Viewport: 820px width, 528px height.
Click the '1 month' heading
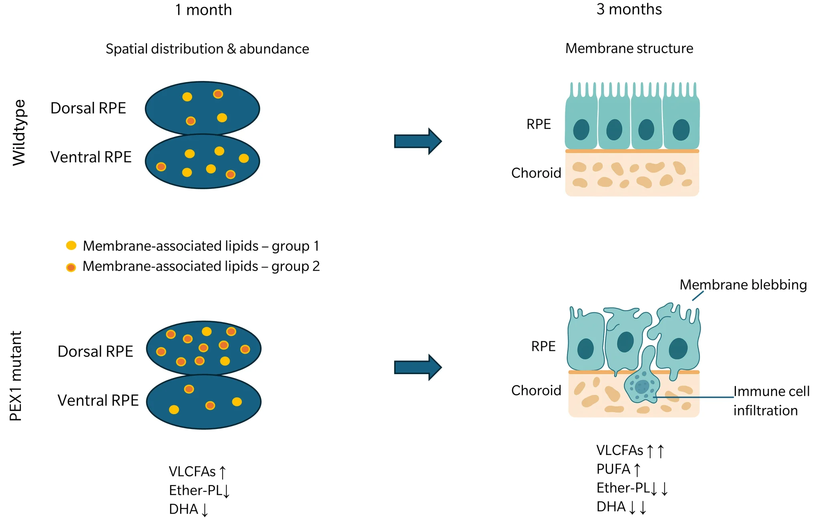(203, 10)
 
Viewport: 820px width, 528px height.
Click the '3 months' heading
(629, 9)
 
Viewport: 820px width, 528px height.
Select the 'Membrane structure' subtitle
(629, 48)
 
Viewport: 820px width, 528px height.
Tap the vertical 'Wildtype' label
(19, 132)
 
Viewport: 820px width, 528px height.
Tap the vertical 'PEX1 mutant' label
(16, 376)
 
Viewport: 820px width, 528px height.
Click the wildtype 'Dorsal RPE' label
(88, 108)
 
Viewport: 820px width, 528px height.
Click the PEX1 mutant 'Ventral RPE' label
(98, 400)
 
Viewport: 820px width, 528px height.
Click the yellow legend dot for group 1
(71, 245)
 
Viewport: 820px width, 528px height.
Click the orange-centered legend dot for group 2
(71, 267)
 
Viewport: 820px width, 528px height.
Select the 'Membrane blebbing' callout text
(743, 285)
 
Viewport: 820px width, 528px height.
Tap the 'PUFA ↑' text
(618, 469)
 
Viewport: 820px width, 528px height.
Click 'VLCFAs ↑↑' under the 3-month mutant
(630, 450)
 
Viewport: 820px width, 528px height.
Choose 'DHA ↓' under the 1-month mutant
(188, 509)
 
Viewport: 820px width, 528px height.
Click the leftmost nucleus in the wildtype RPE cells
(581, 129)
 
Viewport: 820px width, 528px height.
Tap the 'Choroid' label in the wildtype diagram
(536, 173)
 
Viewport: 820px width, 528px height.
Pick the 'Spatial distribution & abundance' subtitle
(207, 49)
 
